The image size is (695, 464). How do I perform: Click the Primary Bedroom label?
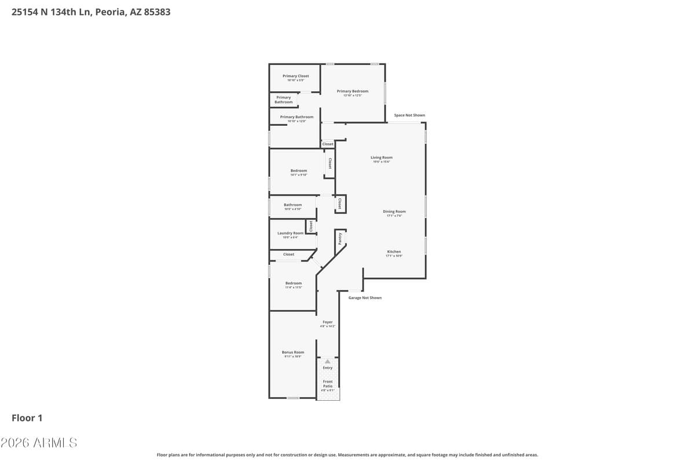352,91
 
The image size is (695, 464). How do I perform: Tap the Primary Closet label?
295,76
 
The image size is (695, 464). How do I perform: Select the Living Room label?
382,157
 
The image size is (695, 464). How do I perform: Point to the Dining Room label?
394,212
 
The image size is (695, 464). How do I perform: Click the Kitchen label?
394,252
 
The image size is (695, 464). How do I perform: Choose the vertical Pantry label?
340,238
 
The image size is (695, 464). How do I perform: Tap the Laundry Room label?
290,233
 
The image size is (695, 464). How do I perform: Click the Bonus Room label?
292,352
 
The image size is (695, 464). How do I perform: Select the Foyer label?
327,322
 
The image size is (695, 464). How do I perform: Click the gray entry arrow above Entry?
327,361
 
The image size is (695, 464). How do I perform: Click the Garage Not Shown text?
365,298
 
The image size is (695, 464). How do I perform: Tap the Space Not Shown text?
409,115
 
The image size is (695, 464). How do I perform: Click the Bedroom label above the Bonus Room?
293,283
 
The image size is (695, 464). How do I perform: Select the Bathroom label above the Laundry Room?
292,205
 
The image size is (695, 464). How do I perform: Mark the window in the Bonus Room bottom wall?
293,398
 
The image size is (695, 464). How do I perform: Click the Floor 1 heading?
27,418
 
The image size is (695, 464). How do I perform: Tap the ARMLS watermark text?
39,443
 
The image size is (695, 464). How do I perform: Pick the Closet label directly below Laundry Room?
288,254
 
